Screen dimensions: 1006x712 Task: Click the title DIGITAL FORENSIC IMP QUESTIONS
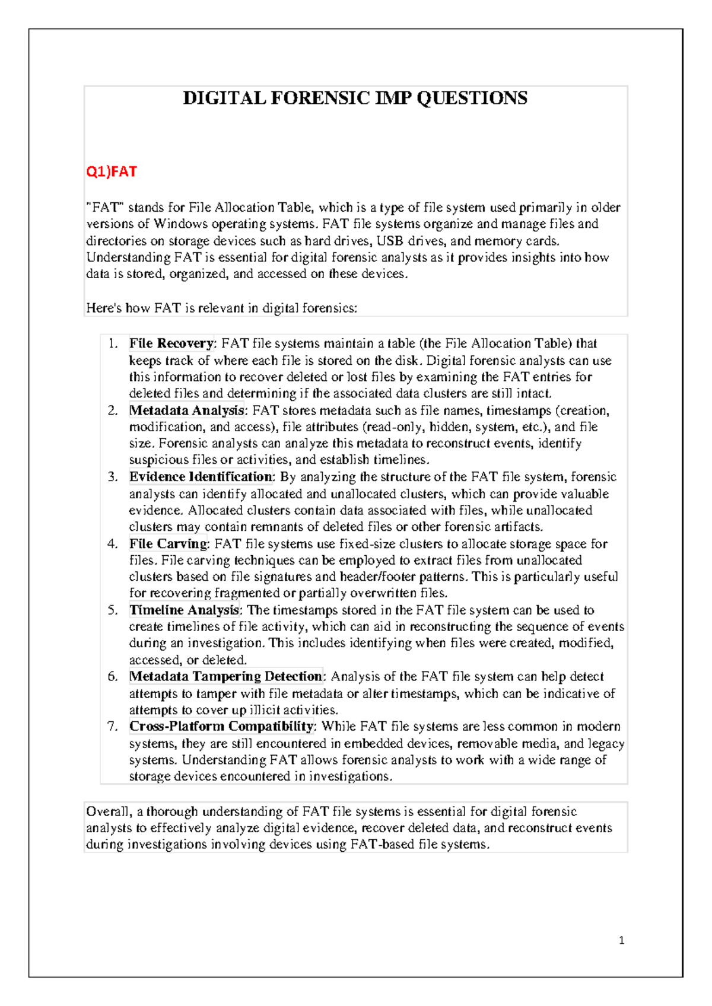tap(355, 98)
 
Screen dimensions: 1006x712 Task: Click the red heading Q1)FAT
tap(112, 172)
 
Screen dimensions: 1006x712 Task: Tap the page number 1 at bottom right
tap(621, 940)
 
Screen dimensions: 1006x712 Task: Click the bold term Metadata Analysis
tap(186, 410)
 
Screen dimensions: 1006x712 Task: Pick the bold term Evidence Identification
tap(201, 477)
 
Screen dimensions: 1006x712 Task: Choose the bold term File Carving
tap(168, 544)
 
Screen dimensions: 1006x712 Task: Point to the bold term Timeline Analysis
tap(184, 610)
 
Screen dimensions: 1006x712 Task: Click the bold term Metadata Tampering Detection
tap(225, 677)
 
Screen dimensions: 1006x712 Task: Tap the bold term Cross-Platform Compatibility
tap(221, 727)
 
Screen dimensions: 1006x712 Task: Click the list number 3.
tap(113, 477)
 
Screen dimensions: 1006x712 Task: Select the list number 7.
tap(113, 727)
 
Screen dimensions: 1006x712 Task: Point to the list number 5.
tap(113, 610)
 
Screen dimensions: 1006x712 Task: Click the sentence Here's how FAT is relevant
tap(221, 308)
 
